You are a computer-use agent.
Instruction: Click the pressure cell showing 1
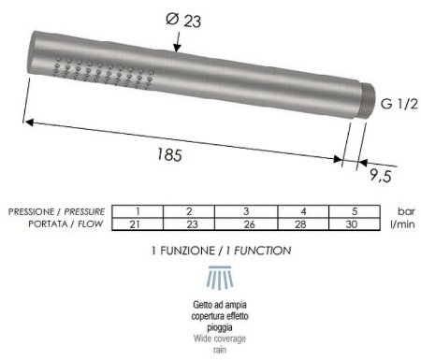pyautogui.click(x=137, y=211)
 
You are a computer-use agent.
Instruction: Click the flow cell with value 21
pyautogui.click(x=137, y=224)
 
